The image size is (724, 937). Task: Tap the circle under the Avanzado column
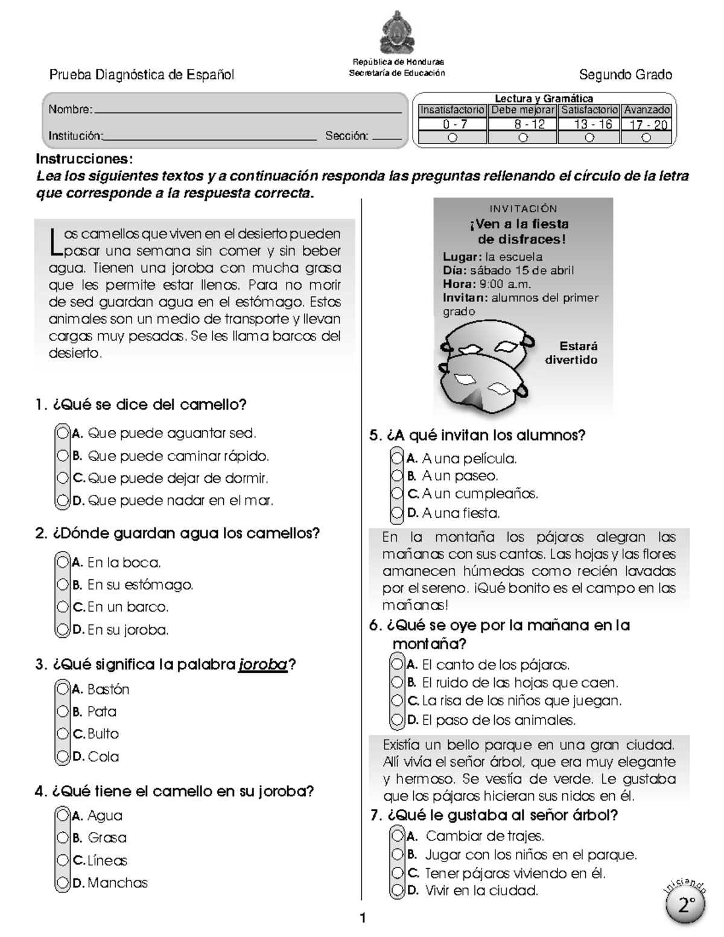[x=646, y=138]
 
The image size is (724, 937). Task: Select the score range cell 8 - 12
[x=522, y=124]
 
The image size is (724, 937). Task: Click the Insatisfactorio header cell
[x=452, y=110]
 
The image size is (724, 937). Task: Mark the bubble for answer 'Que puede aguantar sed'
[x=62, y=433]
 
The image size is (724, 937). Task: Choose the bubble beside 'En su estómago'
[x=62, y=585]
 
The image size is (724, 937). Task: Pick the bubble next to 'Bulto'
[x=62, y=734]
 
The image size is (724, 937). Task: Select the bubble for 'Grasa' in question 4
[x=62, y=837]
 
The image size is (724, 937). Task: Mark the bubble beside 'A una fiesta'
[x=396, y=513]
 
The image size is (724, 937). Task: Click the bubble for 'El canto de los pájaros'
[x=396, y=664]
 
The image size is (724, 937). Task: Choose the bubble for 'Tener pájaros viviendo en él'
[x=396, y=872]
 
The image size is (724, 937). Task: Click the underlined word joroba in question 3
[x=263, y=665]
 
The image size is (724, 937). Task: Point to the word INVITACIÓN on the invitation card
[x=523, y=209]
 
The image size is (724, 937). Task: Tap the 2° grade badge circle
[x=686, y=905]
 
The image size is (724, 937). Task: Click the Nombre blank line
[x=247, y=112]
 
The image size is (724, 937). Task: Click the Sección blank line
[x=387, y=139]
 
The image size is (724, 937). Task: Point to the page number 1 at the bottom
[x=363, y=919]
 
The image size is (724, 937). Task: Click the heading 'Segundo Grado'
[x=625, y=75]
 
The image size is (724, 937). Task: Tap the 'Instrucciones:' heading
[x=84, y=159]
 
